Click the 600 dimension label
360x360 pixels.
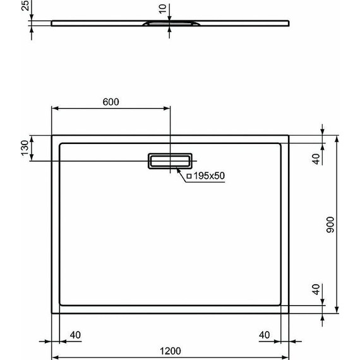coord(111,102)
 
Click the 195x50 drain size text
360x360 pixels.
coord(209,176)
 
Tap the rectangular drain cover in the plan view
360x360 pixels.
coord(170,162)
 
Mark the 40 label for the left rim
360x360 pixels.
coord(75,334)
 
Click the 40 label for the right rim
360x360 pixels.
coord(265,334)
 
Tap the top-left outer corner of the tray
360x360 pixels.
coord(51,135)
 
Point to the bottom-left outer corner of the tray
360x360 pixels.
coord(51,313)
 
